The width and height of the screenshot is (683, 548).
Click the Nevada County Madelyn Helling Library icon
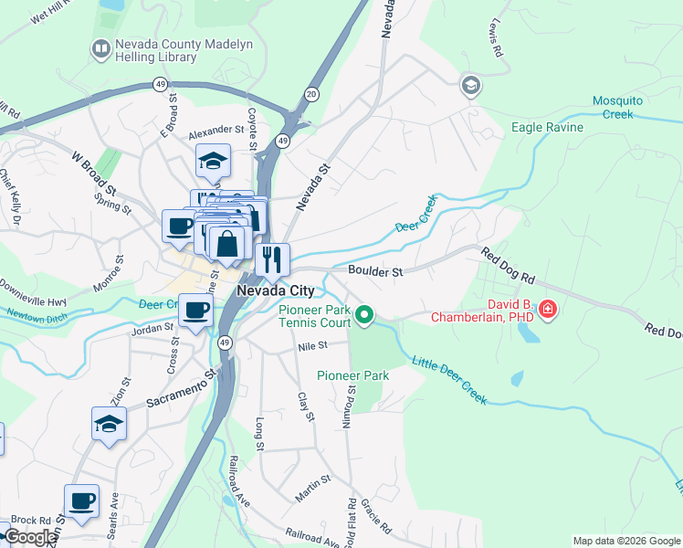100,49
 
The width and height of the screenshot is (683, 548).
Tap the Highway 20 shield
311,94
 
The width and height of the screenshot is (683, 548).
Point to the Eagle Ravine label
547,127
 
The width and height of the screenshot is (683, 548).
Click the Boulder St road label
374,271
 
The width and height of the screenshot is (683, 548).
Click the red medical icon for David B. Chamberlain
548,310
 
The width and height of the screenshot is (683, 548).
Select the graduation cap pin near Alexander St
212,161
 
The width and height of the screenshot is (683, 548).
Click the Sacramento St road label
180,389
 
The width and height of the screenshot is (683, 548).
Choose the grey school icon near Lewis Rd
471,86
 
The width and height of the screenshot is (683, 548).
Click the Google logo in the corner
29,537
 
